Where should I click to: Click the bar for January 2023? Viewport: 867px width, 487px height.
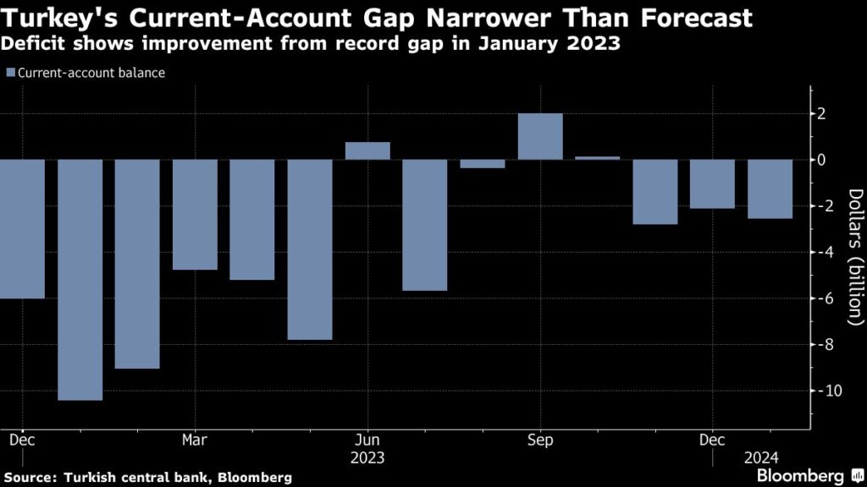point(80,279)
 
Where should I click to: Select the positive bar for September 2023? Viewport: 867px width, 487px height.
point(540,136)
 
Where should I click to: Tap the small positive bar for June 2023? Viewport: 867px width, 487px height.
point(367,150)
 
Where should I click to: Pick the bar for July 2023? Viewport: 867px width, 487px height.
point(425,225)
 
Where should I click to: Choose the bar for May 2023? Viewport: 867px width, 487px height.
point(310,249)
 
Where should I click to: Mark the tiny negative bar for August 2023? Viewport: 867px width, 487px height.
point(483,163)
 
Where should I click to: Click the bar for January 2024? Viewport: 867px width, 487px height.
point(770,189)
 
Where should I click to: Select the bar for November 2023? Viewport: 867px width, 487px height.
point(655,192)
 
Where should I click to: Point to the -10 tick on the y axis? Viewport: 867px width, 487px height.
point(834,391)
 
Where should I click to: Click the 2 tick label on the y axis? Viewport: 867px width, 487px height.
point(834,113)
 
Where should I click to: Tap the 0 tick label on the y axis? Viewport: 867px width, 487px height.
point(834,160)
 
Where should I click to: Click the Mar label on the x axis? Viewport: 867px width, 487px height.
point(195,440)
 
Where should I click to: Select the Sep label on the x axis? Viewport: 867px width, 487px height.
point(540,440)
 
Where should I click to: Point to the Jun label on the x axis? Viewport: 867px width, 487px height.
point(367,440)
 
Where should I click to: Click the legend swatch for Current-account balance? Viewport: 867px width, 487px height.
point(9,73)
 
